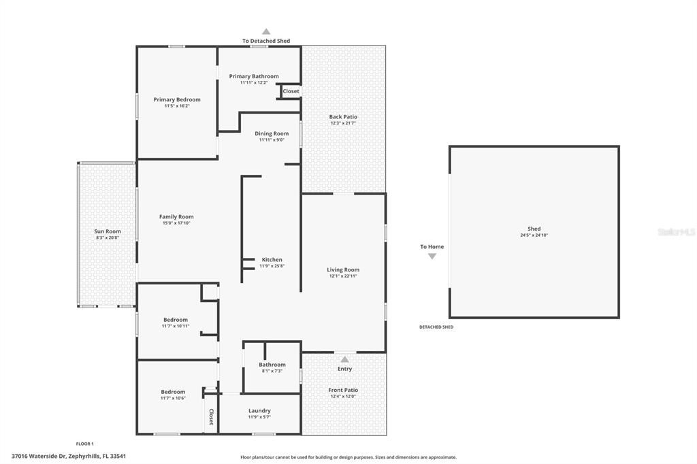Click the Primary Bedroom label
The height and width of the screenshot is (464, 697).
(x=177, y=99)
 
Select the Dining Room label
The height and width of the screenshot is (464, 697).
(x=272, y=133)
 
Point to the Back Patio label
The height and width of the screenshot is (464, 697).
(x=343, y=117)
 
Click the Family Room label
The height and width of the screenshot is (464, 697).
(x=176, y=217)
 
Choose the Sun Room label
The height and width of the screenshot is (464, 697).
(x=108, y=231)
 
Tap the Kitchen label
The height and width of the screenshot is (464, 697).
(x=272, y=260)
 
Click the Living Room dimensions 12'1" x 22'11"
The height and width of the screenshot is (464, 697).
(x=343, y=276)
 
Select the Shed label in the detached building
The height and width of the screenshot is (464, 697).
(x=534, y=229)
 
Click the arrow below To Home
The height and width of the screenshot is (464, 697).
(x=432, y=256)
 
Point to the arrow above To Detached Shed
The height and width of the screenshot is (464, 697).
(x=266, y=31)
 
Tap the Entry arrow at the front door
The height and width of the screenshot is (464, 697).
(x=344, y=359)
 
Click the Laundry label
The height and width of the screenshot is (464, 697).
(x=259, y=411)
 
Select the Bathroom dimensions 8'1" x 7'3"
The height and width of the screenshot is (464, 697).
(x=272, y=371)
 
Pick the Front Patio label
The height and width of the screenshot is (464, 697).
(x=343, y=390)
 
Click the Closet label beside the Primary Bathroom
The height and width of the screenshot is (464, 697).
(x=291, y=91)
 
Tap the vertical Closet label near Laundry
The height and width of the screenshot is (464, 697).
(x=211, y=417)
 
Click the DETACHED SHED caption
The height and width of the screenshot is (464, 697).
(x=436, y=327)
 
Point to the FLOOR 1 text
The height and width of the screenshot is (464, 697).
(x=85, y=444)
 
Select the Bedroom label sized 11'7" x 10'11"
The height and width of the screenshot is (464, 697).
(x=176, y=320)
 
